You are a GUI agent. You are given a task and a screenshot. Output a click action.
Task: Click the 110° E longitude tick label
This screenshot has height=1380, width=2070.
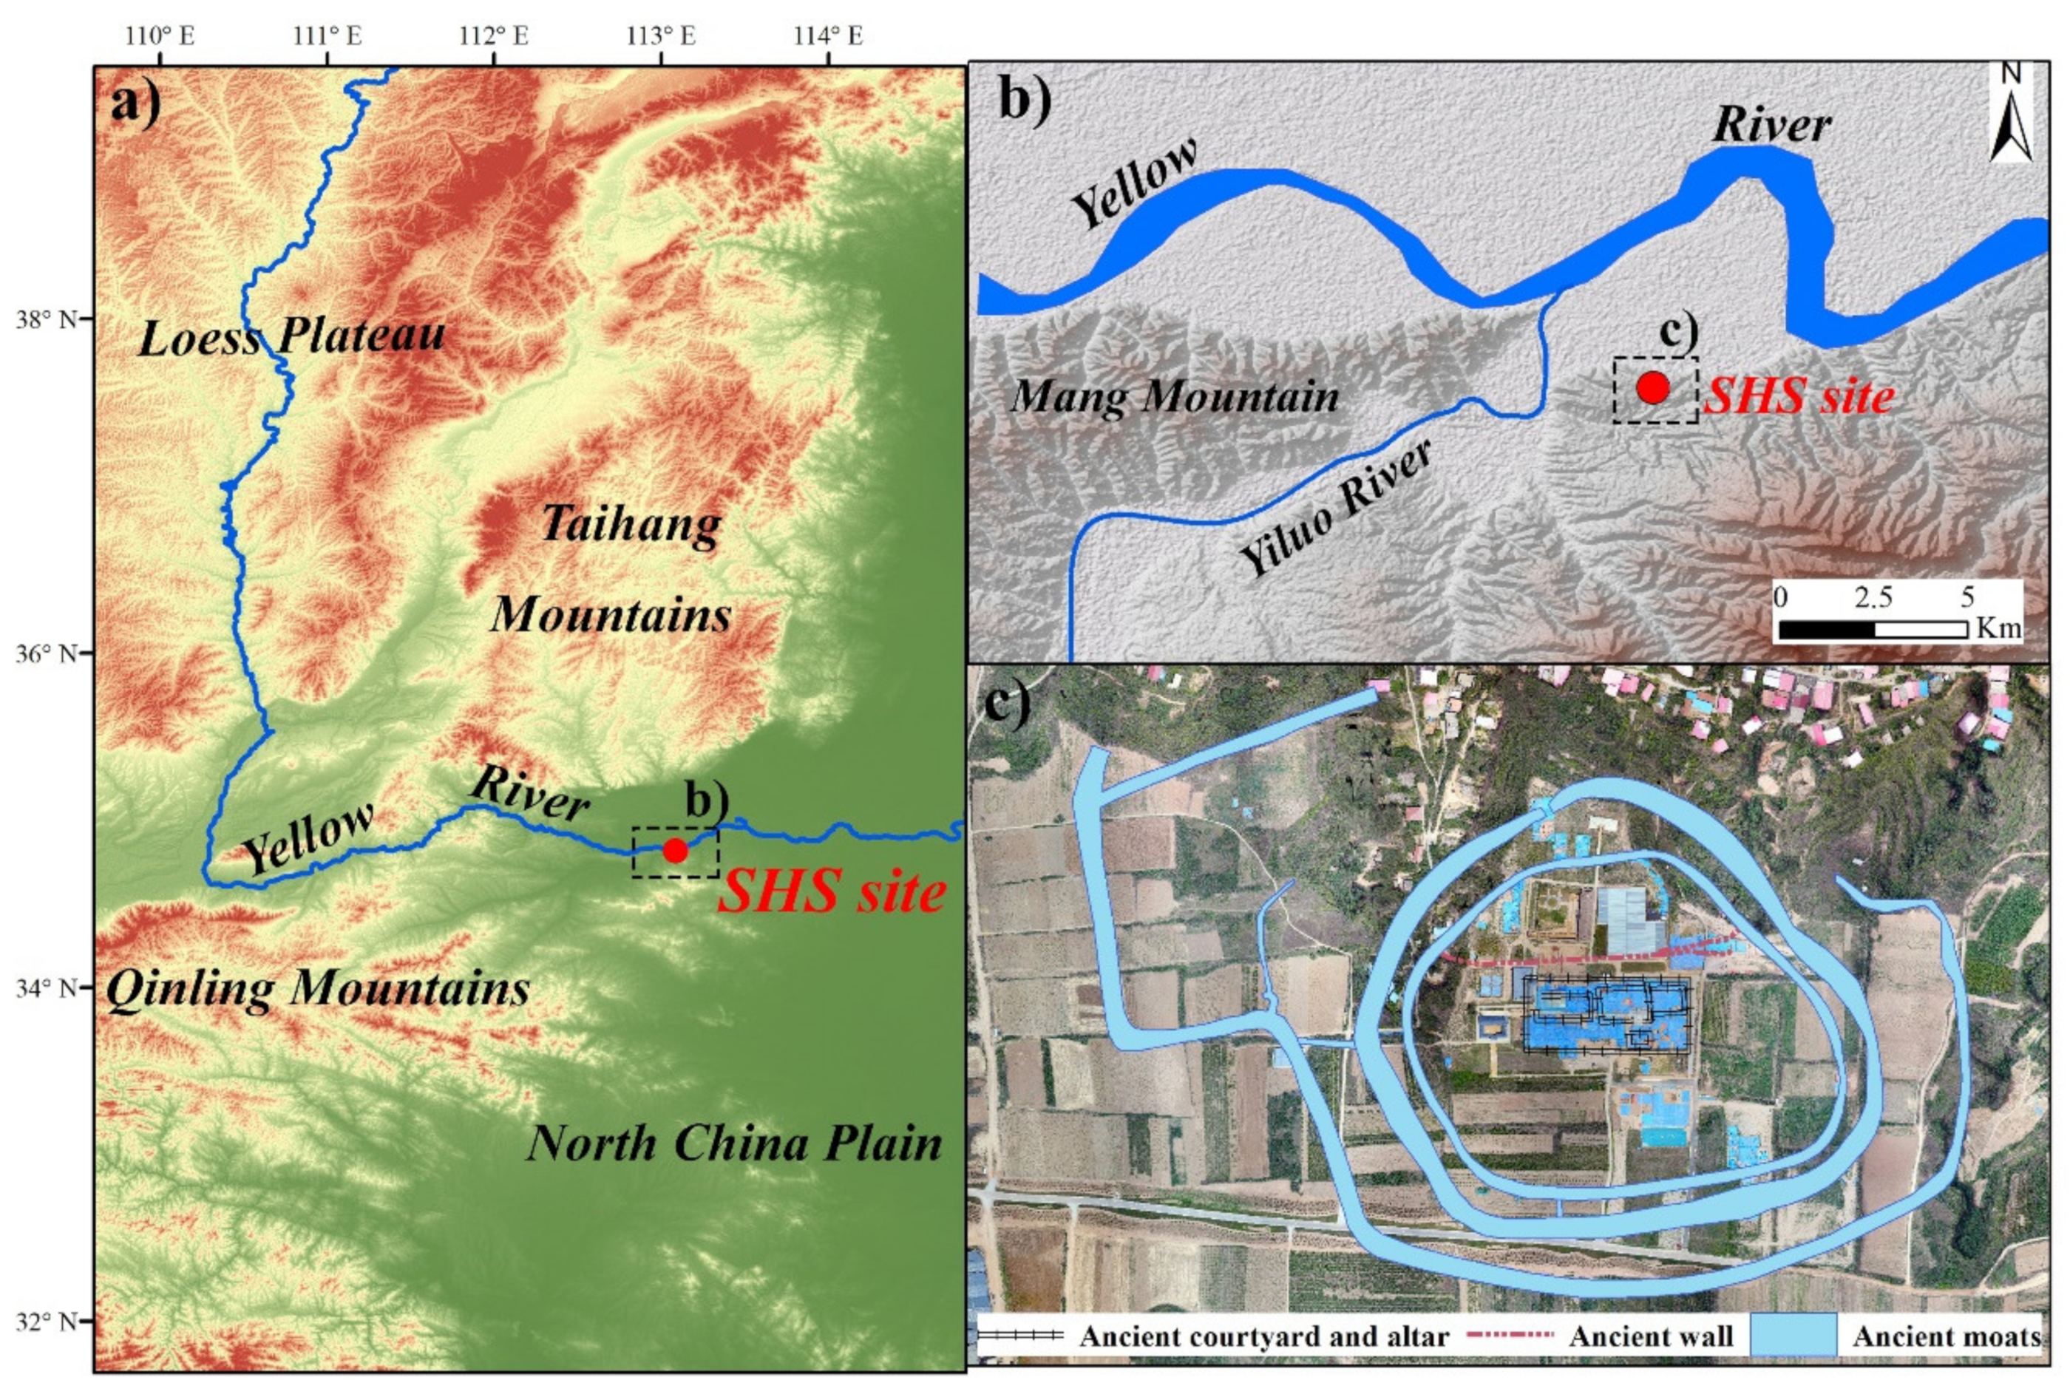click(160, 36)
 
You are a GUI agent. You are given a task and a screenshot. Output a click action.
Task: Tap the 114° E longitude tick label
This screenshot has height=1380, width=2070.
click(828, 36)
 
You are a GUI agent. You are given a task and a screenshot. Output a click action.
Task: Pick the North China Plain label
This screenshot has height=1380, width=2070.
click(734, 1143)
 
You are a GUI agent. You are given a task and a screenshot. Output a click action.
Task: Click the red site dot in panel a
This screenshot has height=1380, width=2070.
click(675, 850)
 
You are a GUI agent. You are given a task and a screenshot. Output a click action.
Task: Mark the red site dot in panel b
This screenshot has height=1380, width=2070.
click(1653, 387)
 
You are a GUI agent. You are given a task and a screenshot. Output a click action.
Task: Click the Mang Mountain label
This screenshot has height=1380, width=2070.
click(1175, 396)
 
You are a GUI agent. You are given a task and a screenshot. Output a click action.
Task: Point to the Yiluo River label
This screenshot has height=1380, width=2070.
click(1335, 508)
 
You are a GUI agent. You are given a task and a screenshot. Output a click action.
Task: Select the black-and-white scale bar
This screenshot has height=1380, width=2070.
click(1873, 629)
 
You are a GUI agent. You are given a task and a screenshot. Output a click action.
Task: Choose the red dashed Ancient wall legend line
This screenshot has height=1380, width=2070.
click(1510, 1335)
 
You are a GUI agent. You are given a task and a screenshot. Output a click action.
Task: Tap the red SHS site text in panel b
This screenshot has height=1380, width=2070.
click(1799, 396)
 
